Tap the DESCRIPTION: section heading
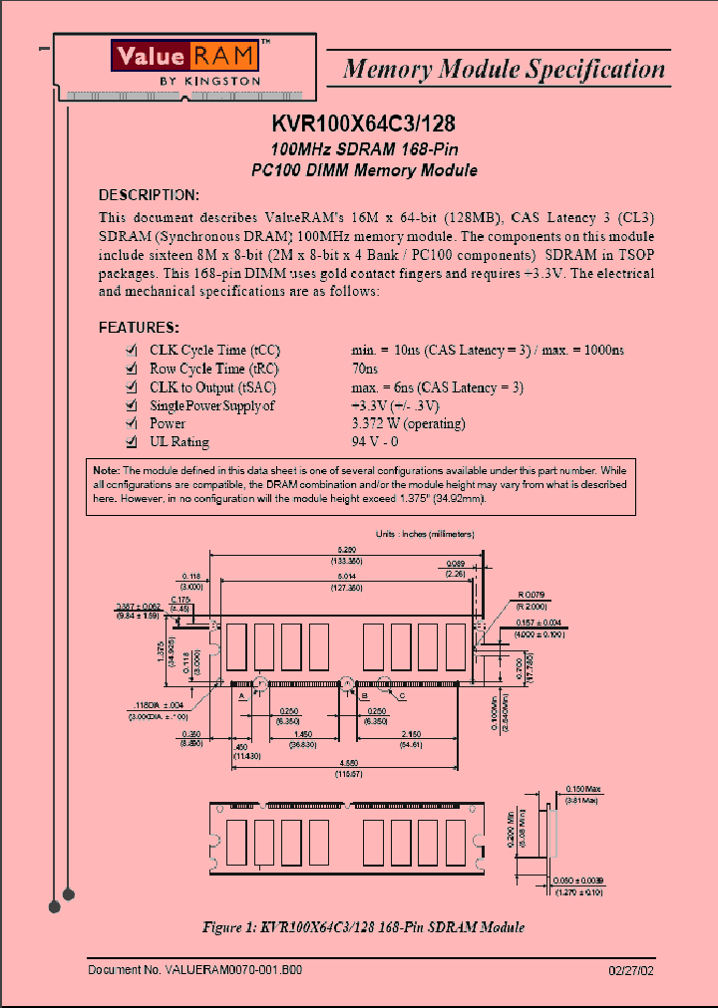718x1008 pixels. tap(149, 194)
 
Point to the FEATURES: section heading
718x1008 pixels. tap(139, 327)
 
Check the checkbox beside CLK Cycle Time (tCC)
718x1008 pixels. tap(131, 351)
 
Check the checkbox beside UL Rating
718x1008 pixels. tap(131, 442)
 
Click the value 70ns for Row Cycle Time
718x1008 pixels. tap(365, 370)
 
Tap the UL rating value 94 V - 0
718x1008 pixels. tap(374, 442)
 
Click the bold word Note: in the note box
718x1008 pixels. tap(106, 470)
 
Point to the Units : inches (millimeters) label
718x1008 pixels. tap(425, 534)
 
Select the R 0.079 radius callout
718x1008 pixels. tap(533, 595)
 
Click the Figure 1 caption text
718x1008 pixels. tap(363, 927)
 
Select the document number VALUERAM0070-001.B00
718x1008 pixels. tap(195, 968)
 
